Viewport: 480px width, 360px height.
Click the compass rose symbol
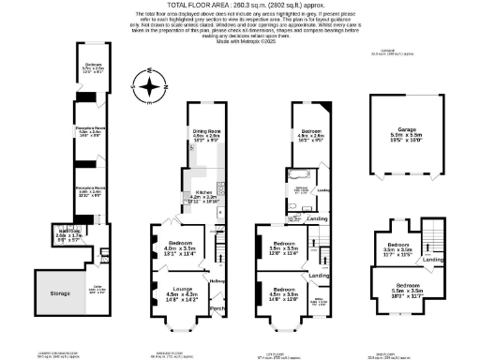tap(147, 85)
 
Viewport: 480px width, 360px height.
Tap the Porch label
tap(217, 308)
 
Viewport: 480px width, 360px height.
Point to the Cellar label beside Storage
tap(97, 287)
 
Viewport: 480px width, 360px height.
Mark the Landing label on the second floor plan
tap(433, 260)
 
